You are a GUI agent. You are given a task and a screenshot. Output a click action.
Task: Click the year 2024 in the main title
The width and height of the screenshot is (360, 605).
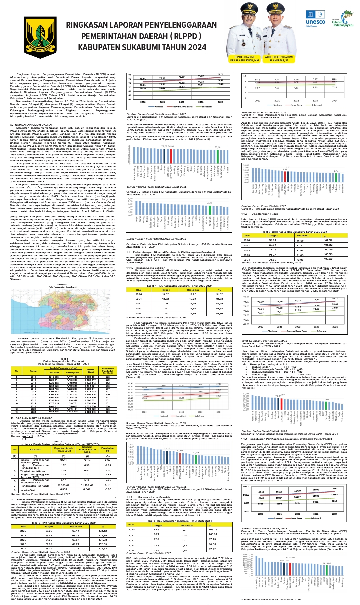197,47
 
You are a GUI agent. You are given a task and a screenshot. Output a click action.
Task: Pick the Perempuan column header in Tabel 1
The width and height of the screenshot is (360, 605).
72,372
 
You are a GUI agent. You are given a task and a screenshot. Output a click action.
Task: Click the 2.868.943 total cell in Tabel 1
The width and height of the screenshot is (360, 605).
90,412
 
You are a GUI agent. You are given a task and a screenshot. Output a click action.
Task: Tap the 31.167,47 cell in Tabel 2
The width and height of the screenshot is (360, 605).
87,485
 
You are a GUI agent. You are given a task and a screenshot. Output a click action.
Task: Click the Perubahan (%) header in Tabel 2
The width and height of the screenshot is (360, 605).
108,450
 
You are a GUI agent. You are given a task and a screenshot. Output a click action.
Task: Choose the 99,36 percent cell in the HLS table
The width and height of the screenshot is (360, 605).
219,314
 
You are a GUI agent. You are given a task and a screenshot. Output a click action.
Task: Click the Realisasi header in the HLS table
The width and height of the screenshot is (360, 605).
193,290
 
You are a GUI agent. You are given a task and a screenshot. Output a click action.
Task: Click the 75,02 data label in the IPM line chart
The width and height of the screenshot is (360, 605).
220,75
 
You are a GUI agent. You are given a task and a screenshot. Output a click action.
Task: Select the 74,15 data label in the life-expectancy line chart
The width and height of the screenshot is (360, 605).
335,299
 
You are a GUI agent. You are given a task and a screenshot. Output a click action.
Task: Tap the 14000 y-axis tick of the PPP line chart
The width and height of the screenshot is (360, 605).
246,487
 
